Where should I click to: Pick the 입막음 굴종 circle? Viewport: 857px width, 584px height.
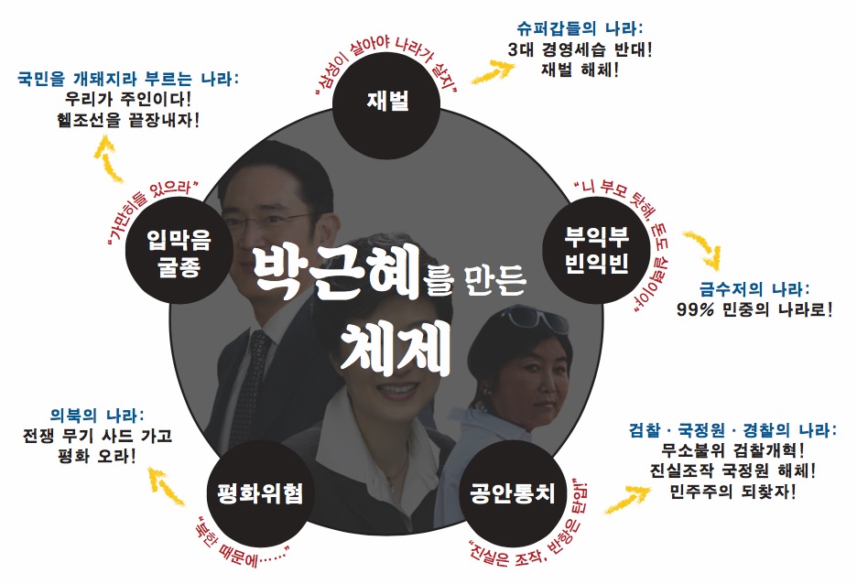[179, 253]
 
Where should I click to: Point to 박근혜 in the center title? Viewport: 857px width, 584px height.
[338, 272]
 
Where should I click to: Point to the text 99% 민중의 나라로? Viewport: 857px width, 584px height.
[754, 309]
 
